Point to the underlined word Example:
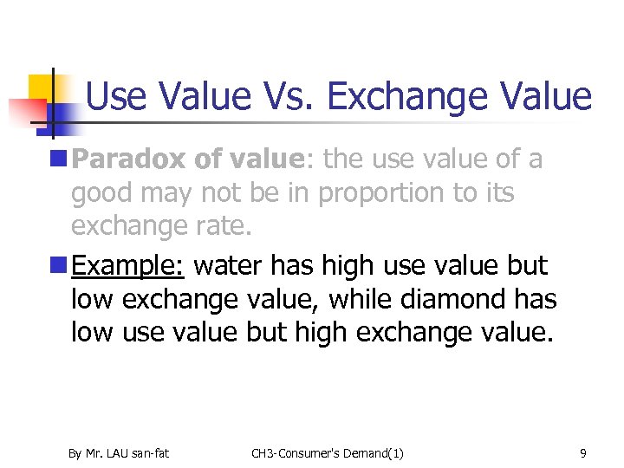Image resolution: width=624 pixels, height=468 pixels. [x=128, y=266]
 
